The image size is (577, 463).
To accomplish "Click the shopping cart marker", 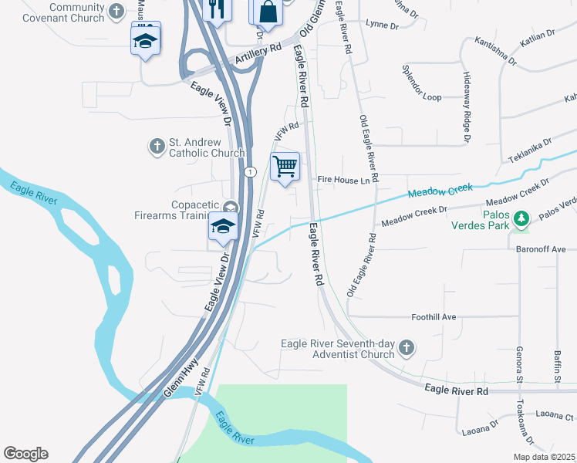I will coord(285,167).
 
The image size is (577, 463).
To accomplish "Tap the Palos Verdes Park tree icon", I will coord(522,220).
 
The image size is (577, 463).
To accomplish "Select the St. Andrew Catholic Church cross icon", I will coord(157,145).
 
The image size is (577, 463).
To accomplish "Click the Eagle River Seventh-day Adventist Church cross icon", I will coord(407,349).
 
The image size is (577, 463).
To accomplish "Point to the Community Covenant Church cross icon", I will coord(116,11).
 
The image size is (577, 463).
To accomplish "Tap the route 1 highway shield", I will coord(250,171).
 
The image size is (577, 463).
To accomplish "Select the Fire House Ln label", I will coord(339,180).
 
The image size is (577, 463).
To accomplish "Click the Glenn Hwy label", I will coord(181,378).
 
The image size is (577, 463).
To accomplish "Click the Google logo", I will coord(25,454).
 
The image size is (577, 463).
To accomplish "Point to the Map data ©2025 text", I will coord(544,457).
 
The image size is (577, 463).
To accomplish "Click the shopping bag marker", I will coord(266,13).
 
